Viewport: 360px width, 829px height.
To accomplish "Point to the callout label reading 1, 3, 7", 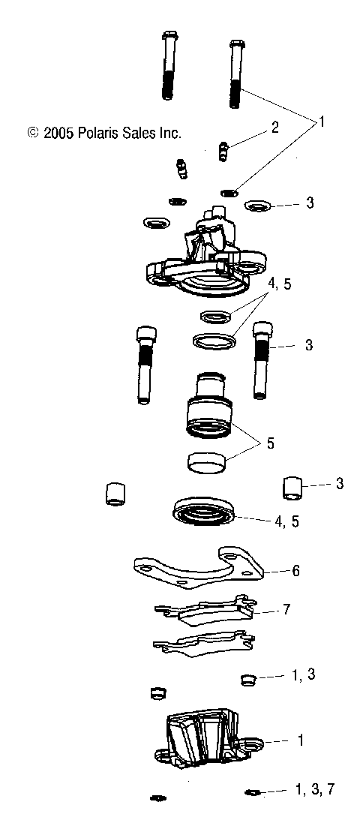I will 313,789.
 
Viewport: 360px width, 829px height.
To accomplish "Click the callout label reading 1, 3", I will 303,674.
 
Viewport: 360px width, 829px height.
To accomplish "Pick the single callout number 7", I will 286,610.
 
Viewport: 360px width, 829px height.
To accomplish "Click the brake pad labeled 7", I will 202,611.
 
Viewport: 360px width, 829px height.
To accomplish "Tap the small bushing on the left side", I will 115,494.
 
